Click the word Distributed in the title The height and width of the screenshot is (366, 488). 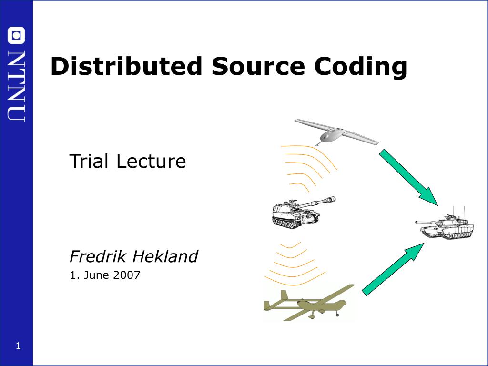tap(126, 66)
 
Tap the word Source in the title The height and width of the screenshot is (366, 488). tap(258, 66)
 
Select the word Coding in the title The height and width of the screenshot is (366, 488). tap(360, 67)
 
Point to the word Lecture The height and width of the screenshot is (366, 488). tap(151, 161)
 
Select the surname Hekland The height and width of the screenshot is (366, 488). tap(165, 256)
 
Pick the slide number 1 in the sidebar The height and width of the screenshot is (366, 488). tap(18, 346)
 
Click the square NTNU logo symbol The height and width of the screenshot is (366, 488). tap(16, 35)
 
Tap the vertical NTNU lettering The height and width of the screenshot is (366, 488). tap(16, 86)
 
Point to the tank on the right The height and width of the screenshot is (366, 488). tap(445, 225)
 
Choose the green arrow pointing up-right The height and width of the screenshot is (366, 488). tap(393, 269)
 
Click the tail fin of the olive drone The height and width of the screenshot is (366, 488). tap(284, 295)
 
